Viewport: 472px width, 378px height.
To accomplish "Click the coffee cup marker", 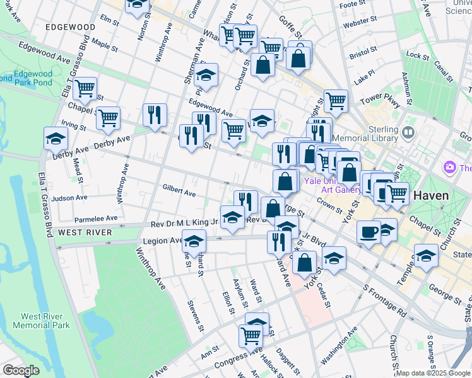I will (369, 232).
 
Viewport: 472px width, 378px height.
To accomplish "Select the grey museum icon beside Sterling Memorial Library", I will (408, 133).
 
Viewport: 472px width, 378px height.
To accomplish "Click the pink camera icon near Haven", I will (450, 168).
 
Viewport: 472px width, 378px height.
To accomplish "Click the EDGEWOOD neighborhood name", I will (70, 28).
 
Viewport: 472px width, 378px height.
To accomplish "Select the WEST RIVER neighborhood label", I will (85, 232).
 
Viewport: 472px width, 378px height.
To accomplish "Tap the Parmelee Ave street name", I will (96, 219).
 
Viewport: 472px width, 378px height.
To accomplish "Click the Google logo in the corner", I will (21, 370).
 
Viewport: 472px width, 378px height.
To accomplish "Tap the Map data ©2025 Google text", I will (432, 373).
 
